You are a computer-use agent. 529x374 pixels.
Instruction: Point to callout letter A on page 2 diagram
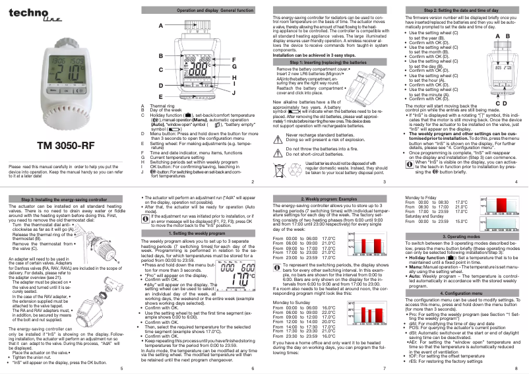[x=160, y=25]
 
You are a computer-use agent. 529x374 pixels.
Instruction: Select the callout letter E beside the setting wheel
[x=160, y=97]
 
